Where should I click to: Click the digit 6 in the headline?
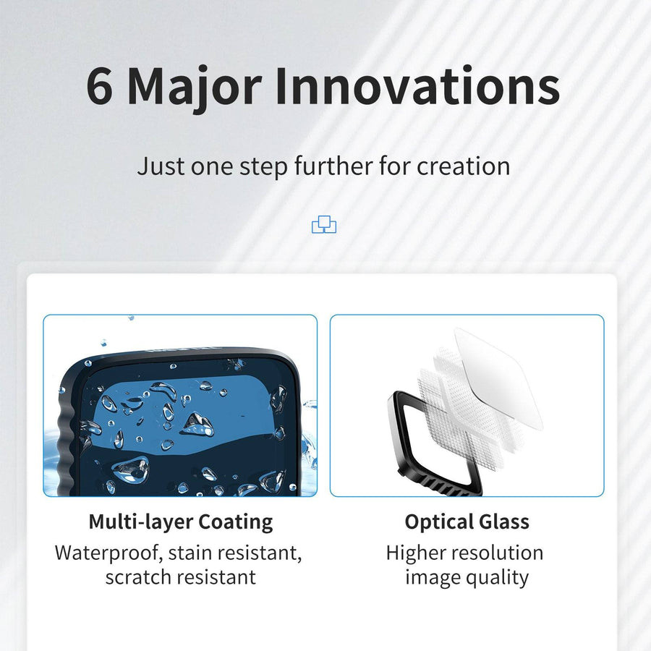point(100,86)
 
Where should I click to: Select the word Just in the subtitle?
point(161,166)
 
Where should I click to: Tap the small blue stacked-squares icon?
point(324,224)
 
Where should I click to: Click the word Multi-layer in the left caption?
point(140,522)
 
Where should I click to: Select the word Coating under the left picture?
point(235,522)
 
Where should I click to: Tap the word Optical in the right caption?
point(438,522)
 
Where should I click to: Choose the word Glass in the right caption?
point(503,522)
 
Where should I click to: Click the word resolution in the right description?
point(497,553)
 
